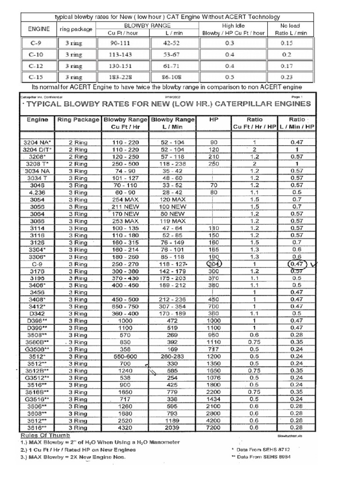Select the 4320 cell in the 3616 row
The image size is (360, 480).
pos(125,427)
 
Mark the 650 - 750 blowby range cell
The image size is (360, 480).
pos(125,306)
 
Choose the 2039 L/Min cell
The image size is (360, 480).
pos(172,427)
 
